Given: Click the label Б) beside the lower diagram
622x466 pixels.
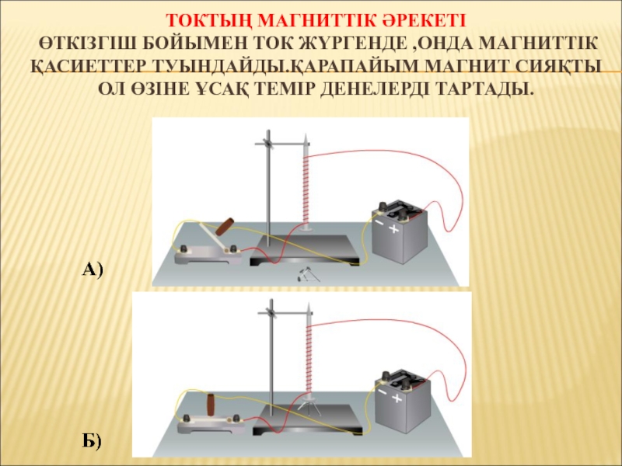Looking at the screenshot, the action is coord(92,441).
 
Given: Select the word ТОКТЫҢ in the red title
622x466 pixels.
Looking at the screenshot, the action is coord(208,21).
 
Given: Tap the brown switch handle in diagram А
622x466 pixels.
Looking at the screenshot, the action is coord(225,227).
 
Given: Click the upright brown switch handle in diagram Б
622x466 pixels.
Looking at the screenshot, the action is coord(211,405).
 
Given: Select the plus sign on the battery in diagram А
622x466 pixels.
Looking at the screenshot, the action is coord(393,228).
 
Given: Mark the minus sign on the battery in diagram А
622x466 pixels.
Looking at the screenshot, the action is coord(379,222).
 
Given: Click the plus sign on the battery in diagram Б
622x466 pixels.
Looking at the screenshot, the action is coord(397,398).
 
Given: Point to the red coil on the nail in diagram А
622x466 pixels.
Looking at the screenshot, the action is coord(306,190).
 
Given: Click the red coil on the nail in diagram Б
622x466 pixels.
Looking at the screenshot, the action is coord(308,356).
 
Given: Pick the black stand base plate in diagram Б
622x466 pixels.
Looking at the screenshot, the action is coord(308,421).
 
